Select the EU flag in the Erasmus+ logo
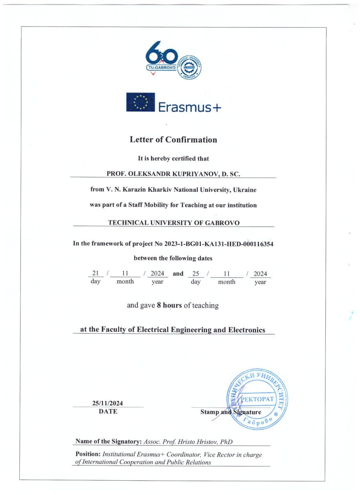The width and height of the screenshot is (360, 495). click(x=140, y=102)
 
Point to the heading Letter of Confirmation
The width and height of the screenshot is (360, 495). click(x=173, y=140)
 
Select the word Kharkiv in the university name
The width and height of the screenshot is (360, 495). click(x=160, y=190)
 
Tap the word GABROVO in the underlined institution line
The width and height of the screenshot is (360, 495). click(x=222, y=223)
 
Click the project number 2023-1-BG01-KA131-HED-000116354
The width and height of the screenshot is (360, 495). click(x=219, y=244)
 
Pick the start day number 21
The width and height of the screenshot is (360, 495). click(x=96, y=273)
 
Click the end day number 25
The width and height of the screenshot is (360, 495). click(x=195, y=273)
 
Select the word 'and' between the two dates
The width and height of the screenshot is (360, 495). click(x=178, y=274)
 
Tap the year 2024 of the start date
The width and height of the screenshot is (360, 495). click(x=158, y=273)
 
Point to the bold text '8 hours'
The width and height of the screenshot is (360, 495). click(x=169, y=306)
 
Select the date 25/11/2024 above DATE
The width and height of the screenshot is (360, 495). click(x=108, y=403)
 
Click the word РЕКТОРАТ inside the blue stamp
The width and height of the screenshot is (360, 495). click(x=258, y=399)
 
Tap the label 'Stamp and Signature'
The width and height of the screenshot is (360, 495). click(x=231, y=412)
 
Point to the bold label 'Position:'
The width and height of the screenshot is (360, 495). click(x=88, y=454)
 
